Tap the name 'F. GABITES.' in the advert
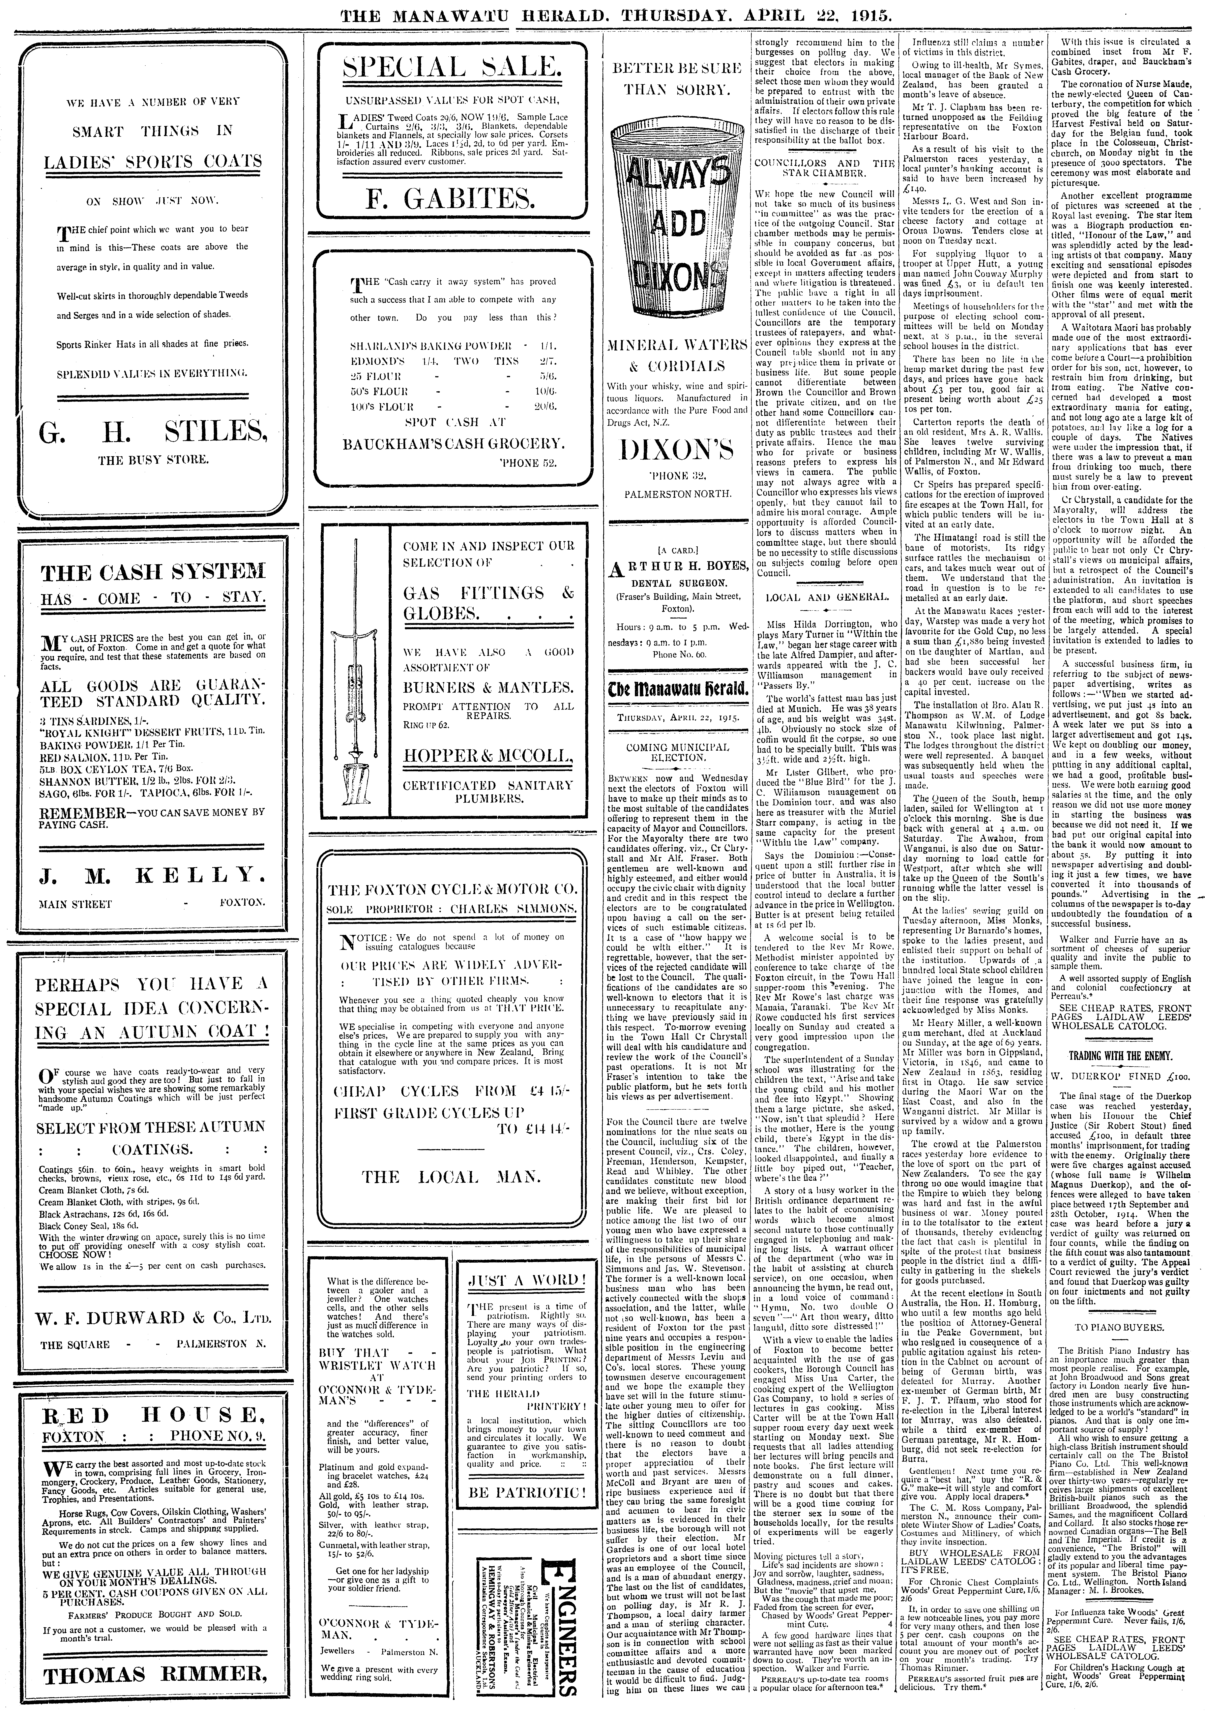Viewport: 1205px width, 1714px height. (x=451, y=198)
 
